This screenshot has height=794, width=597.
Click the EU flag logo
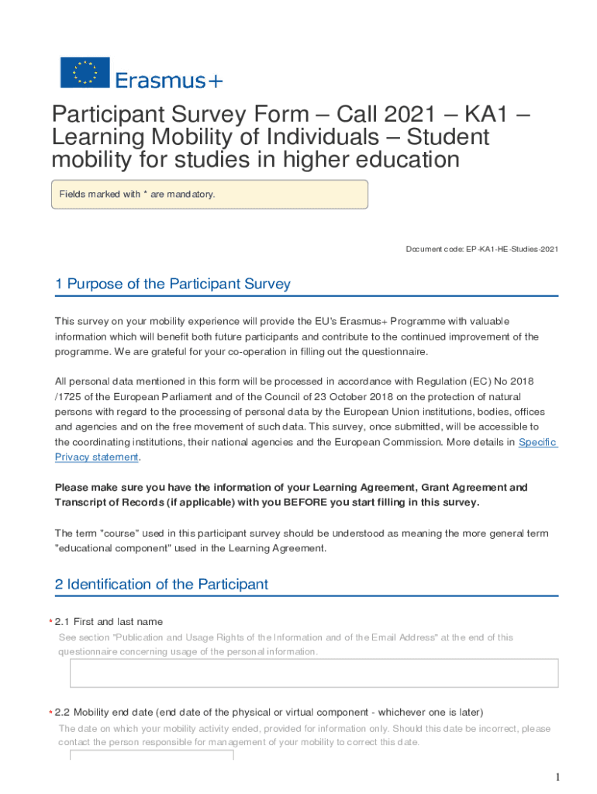[85, 72]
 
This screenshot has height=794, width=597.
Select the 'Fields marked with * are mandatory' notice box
[209, 194]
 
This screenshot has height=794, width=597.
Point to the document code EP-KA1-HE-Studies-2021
[481, 249]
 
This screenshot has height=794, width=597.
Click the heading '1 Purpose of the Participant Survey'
[172, 284]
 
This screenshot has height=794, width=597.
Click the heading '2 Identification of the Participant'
[161, 584]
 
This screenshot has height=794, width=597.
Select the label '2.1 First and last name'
[118, 621]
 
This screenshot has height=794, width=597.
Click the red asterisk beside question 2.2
[50, 713]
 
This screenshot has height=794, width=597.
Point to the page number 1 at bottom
[557, 777]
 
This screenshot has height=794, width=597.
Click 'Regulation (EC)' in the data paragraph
[448, 381]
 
